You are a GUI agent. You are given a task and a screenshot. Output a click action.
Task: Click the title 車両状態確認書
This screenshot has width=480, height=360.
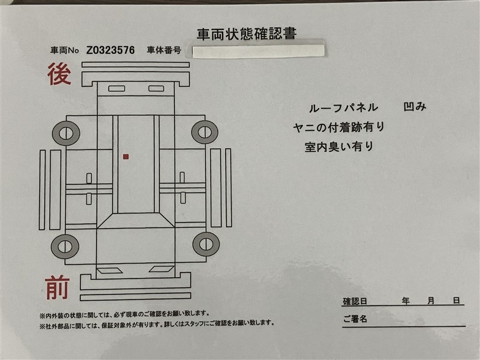[247, 34]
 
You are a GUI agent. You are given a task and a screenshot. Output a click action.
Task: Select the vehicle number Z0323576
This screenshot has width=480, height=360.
[110, 50]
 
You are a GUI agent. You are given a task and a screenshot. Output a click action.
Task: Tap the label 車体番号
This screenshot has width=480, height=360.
[164, 50]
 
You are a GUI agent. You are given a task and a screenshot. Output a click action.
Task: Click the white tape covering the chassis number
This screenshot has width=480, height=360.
[259, 52]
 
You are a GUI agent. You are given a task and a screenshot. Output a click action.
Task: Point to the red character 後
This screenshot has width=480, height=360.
[59, 74]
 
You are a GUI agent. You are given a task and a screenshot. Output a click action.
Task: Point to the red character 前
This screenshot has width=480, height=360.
[57, 287]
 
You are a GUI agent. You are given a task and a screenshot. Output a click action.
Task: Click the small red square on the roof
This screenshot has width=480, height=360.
[125, 157]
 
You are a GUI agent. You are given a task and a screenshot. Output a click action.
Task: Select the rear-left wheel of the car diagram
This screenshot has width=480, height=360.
[66, 133]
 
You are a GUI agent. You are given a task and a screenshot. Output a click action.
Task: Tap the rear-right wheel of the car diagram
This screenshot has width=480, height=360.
[205, 132]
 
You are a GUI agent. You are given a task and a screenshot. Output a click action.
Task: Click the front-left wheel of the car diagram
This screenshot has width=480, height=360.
[65, 247]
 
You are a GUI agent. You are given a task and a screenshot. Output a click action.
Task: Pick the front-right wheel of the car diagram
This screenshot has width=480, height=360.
[206, 244]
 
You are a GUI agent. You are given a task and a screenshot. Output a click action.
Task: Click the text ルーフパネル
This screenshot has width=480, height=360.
[343, 108]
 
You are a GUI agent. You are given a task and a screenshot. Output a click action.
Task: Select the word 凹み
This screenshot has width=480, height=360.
[415, 107]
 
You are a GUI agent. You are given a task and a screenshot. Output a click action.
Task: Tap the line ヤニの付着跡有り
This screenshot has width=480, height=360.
[339, 127]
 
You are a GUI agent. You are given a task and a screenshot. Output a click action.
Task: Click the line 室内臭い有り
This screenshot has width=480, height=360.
[339, 146]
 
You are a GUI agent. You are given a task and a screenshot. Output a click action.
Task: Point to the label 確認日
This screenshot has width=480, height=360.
[355, 301]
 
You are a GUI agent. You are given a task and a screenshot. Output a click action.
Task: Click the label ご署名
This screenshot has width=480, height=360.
[355, 319]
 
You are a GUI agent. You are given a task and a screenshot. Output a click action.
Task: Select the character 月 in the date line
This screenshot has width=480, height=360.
[431, 301]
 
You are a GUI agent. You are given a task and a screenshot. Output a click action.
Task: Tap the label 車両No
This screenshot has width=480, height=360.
[65, 50]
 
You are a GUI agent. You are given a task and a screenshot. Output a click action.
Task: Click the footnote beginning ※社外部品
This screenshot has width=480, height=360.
[157, 323]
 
